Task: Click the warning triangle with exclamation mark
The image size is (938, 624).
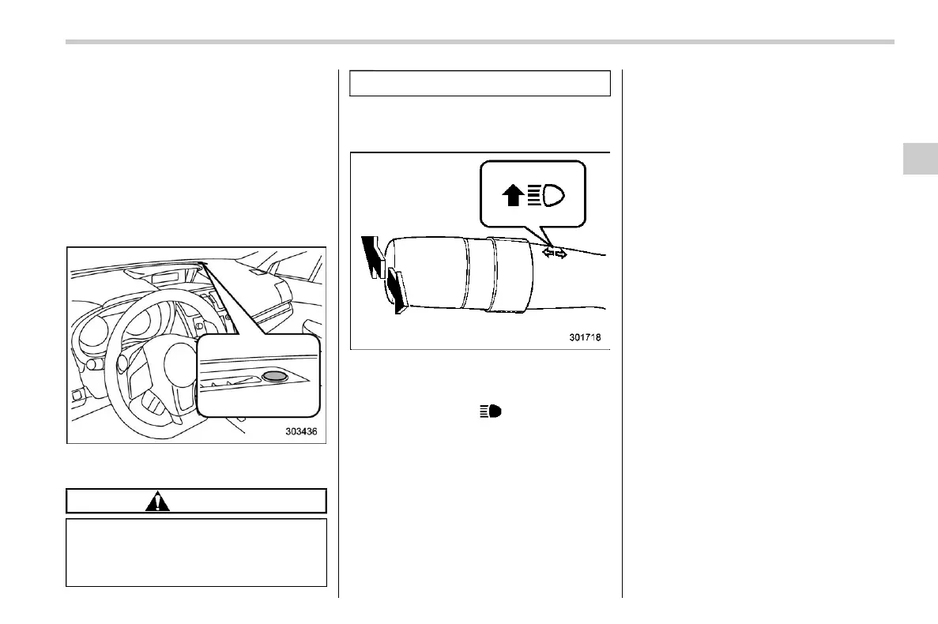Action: coord(159,501)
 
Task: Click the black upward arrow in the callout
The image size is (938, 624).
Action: coord(513,194)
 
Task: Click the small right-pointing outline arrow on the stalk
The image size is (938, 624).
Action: coord(561,254)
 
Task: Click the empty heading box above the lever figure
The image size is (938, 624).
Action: coord(480,83)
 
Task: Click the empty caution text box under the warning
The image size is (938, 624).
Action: coord(196,552)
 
